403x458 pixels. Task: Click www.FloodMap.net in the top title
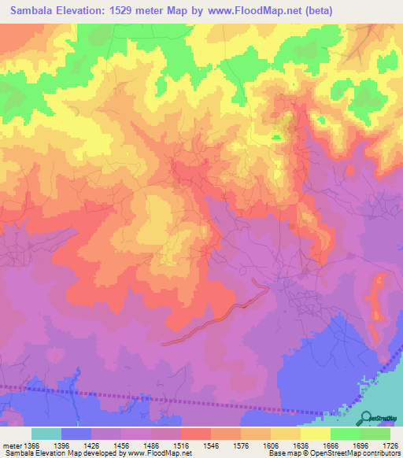pos(250,11)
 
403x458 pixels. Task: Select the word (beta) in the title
pos(315,11)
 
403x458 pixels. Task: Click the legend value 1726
pos(390,445)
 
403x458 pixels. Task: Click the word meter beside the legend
pos(11,445)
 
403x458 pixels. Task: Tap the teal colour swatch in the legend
pos(46,434)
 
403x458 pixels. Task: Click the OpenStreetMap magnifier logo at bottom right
pos(367,417)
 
